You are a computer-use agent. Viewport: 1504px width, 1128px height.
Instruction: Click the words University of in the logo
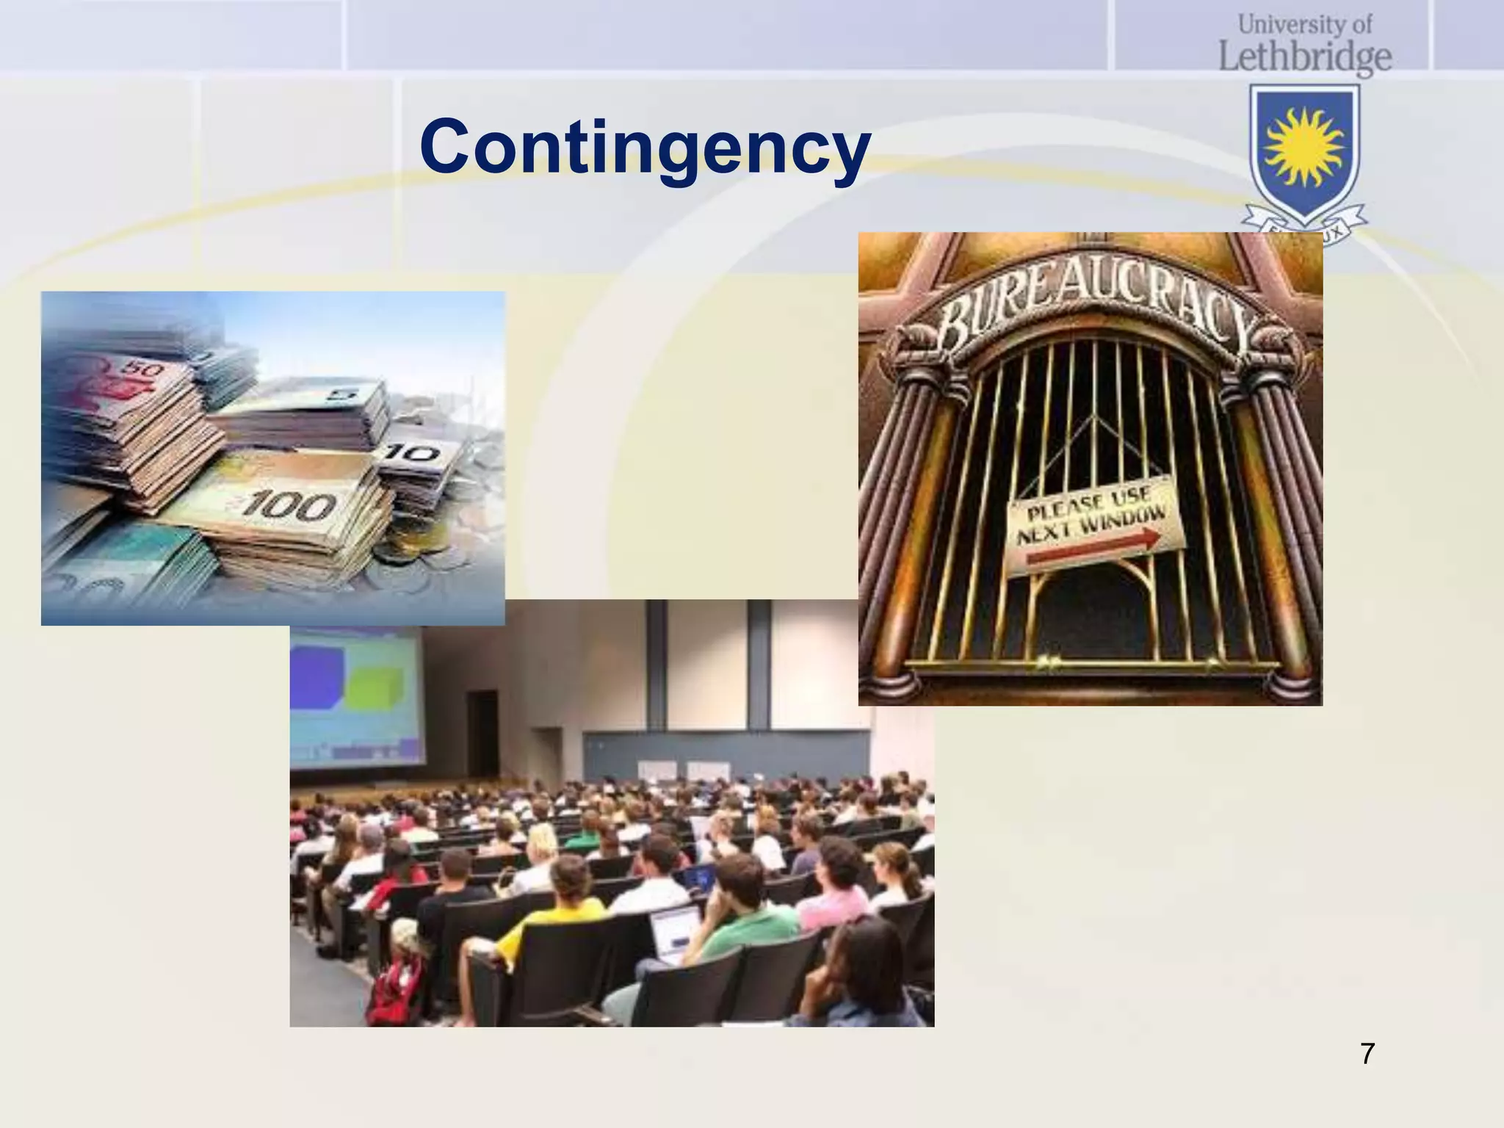pyautogui.click(x=1305, y=25)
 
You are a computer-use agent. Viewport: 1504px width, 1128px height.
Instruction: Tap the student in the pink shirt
pyautogui.click(x=830, y=900)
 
